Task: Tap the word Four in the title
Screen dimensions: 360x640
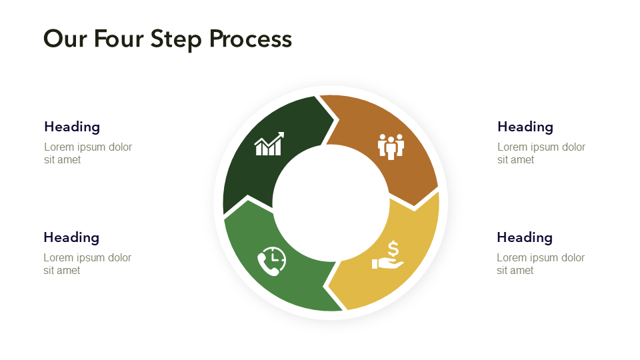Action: [x=119, y=39]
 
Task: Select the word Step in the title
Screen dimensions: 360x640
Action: [x=176, y=39]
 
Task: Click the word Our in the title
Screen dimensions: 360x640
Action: [x=65, y=39]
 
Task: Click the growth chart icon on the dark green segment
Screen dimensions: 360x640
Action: [x=269, y=144]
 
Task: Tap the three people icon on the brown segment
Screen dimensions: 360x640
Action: [x=391, y=146]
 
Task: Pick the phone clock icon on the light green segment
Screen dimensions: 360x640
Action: [x=272, y=261]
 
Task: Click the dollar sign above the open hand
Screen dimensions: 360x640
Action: [x=393, y=249]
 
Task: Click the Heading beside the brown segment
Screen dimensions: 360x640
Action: [x=525, y=127]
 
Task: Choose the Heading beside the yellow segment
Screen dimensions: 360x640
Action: [x=525, y=237]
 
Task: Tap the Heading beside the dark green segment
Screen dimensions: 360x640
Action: [x=72, y=127]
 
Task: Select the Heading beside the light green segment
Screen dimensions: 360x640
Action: [x=71, y=237]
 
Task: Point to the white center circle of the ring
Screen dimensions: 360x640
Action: [x=331, y=203]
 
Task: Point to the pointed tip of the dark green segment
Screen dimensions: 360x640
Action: [x=333, y=121]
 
